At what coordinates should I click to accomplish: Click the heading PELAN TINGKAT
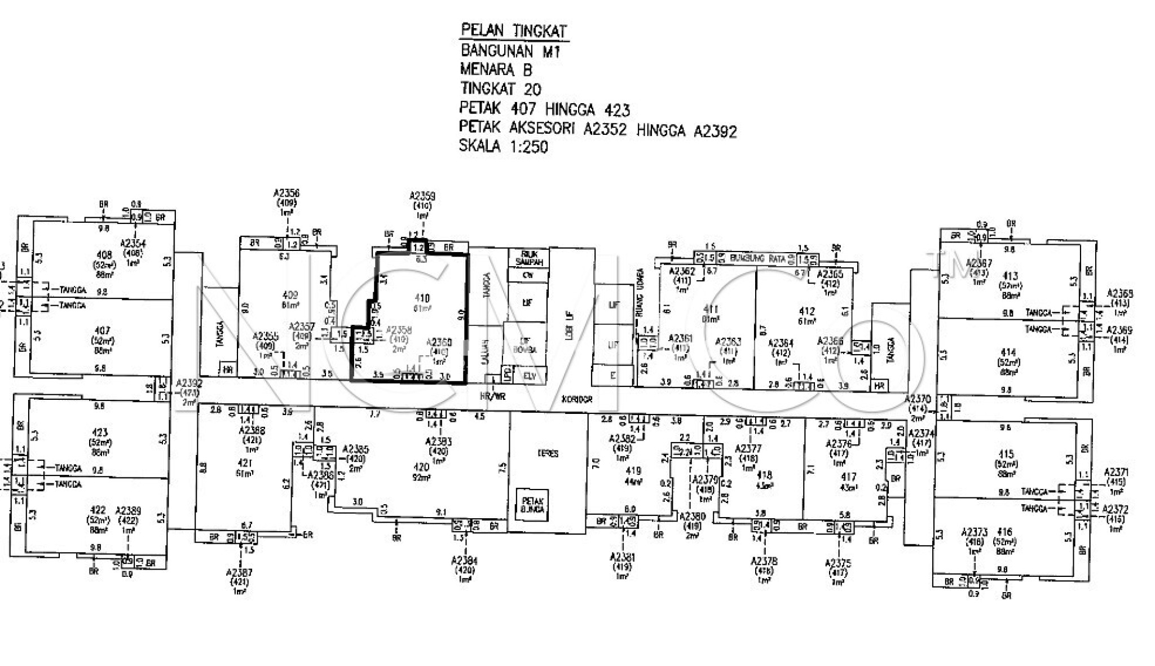point(513,30)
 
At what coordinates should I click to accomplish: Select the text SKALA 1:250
point(504,147)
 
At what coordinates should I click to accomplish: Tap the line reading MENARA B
point(496,70)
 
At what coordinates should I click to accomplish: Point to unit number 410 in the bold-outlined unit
point(422,298)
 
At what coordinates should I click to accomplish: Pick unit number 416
point(1004,532)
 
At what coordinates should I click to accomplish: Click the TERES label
point(548,453)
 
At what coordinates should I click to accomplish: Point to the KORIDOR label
point(577,399)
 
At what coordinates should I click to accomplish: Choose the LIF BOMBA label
point(525,345)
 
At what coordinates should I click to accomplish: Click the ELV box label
point(529,376)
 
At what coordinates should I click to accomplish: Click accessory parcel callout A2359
point(422,196)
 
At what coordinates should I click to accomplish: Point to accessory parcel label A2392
point(189,383)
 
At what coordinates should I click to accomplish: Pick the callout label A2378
point(764,561)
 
